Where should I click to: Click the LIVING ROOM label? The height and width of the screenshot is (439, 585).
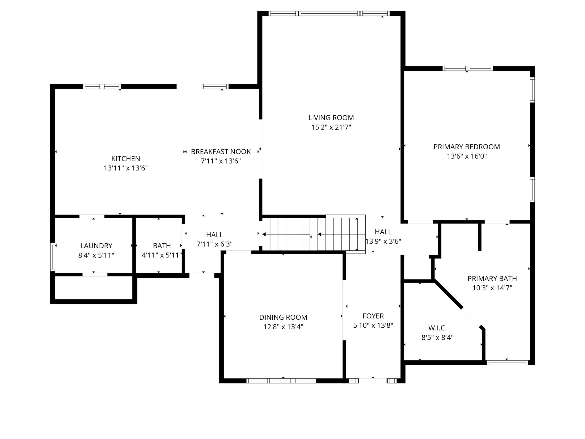[x=331, y=118]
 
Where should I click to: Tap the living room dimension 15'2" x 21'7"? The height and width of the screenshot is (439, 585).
[x=331, y=127]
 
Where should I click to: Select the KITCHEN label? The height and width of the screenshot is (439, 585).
[x=126, y=159]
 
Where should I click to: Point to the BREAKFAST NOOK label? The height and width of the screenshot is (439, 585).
[x=221, y=152]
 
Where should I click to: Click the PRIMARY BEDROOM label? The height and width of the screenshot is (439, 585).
[x=467, y=147]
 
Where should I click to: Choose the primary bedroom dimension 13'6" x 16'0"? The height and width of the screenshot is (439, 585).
[x=467, y=156]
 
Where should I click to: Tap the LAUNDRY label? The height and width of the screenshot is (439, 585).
[x=96, y=246]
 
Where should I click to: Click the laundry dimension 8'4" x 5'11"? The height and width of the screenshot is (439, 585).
[x=96, y=255]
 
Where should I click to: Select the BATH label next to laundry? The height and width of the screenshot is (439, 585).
[x=162, y=246]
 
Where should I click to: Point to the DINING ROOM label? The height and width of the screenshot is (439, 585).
[x=283, y=317]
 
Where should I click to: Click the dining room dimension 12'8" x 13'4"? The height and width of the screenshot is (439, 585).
[x=283, y=327]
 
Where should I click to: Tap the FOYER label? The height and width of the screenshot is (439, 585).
[x=373, y=316]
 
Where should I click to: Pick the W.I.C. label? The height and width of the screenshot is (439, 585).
[x=437, y=328]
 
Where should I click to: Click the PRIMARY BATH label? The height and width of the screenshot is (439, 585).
[x=492, y=278]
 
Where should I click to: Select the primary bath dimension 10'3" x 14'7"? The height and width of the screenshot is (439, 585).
[x=492, y=288]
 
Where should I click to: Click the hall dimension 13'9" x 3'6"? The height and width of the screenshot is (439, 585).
[x=383, y=241]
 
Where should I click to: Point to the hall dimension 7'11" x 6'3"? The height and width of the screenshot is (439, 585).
[x=214, y=244]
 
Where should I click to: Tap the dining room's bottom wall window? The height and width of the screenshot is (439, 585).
[x=281, y=381]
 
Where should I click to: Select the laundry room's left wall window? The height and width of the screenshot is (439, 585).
[x=53, y=257]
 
